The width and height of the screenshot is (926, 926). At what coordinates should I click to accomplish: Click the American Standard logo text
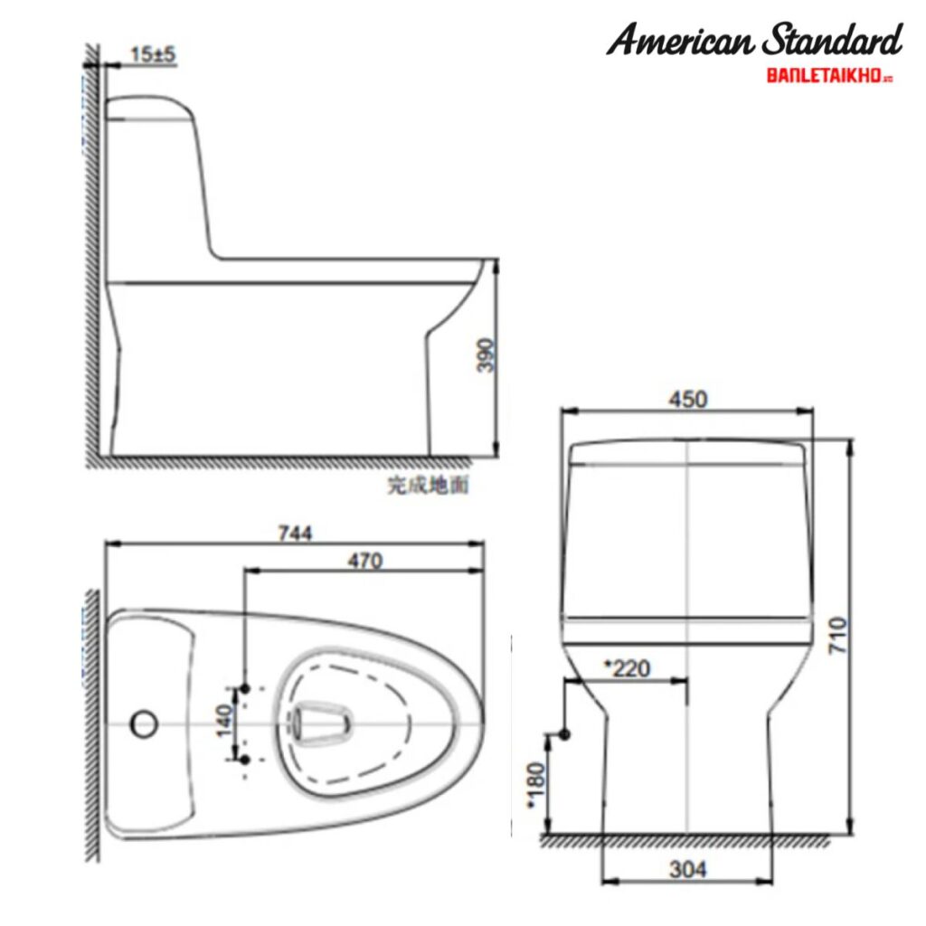pos(753,41)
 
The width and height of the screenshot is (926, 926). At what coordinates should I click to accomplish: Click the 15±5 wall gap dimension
pos(153,55)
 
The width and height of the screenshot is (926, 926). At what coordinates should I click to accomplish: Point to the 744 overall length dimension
pos(296,534)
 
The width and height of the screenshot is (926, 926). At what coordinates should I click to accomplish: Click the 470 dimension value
pos(364,561)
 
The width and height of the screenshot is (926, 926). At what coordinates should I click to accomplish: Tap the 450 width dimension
pos(687,399)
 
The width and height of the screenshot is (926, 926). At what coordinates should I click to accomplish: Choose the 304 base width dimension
pos(688,869)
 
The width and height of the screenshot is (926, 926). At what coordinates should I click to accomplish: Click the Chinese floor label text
pos(428,486)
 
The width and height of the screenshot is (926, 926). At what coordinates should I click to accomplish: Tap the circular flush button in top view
pos(144,723)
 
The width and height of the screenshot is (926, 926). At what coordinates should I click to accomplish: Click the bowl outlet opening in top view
pos(319,723)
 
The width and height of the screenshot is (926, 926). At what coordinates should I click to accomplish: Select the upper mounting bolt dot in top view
pos(244,691)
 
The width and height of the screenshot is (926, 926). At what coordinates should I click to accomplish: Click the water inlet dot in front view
pos(564,734)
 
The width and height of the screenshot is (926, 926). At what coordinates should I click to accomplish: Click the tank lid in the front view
pos(687,451)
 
